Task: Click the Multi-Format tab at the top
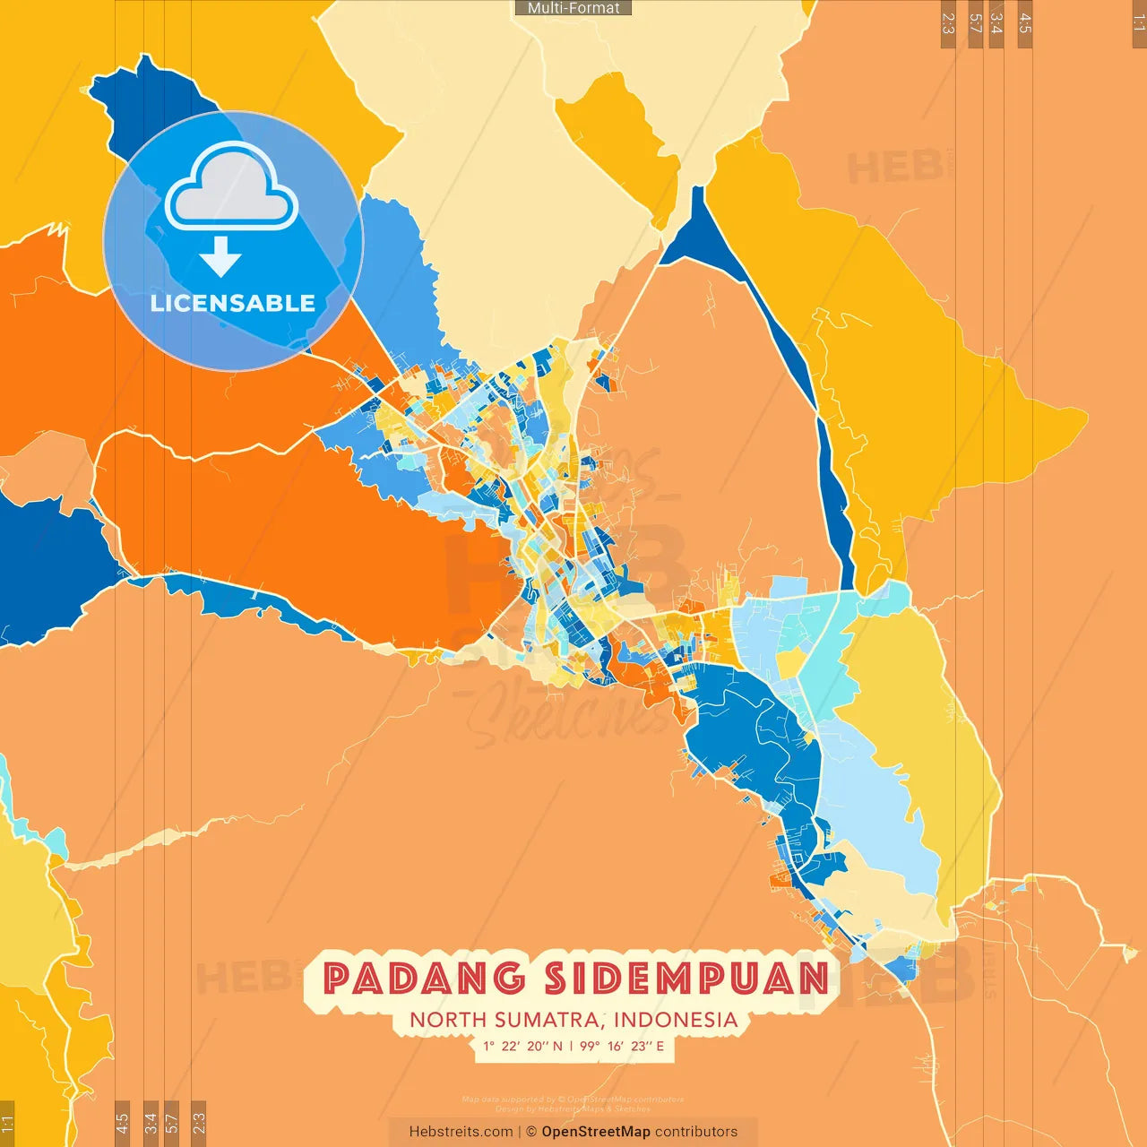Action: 573,8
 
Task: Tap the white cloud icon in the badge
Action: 232,188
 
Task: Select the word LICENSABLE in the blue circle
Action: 233,304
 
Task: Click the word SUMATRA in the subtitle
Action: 548,1020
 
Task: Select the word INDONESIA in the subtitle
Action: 676,1020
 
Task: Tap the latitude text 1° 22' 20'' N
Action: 522,1046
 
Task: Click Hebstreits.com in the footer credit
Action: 461,1132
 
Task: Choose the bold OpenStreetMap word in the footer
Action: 596,1132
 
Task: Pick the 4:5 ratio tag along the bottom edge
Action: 123,1122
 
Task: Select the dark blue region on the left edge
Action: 45,565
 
